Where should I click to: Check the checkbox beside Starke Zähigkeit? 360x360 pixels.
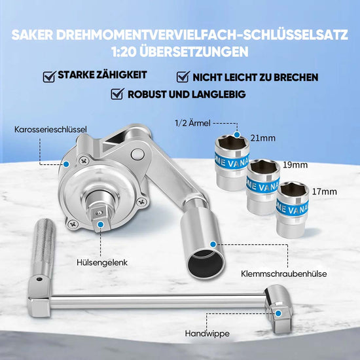[x=48, y=77]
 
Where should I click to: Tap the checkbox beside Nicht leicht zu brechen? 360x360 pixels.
[x=183, y=77]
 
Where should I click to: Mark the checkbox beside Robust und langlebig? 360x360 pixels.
[x=118, y=94]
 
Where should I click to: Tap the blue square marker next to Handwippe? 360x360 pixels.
[x=280, y=314]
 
